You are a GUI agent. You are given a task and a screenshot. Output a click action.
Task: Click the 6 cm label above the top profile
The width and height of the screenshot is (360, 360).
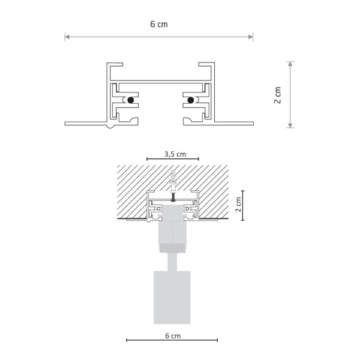coord(158,25)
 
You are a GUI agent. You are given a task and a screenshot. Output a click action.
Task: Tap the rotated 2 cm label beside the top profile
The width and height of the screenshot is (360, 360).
coord(277,95)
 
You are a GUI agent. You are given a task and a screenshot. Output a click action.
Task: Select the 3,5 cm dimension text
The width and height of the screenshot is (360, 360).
coord(175,154)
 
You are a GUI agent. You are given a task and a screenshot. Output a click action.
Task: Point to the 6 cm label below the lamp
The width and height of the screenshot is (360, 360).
coord(172,336)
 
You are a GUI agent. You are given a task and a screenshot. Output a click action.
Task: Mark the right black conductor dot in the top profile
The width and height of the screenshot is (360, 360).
coord(191,100)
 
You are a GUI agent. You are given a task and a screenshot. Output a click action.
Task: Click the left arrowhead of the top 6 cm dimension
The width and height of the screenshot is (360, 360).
coord(67,37)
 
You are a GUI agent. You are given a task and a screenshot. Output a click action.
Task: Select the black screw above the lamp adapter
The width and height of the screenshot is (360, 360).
coord(172,196)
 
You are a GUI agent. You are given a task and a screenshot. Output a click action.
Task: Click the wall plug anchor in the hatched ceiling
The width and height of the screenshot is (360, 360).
coord(173,179)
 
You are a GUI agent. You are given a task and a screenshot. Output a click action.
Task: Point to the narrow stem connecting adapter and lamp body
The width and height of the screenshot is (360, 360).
coord(172,261)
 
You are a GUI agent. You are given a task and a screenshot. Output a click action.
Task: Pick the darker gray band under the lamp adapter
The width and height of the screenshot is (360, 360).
coord(172,248)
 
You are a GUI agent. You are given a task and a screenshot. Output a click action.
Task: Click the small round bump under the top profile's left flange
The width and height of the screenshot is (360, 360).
coord(109,126)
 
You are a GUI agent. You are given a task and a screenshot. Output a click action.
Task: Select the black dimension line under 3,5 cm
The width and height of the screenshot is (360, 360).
coord(175,160)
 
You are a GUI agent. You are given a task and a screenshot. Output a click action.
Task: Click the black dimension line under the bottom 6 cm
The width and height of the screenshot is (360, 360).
coord(172,341)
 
